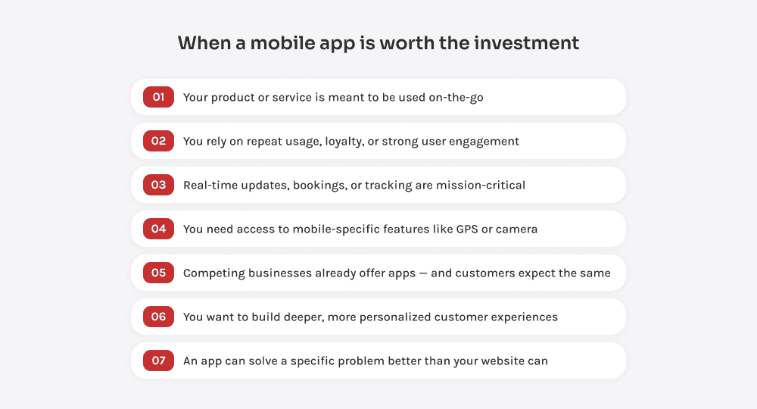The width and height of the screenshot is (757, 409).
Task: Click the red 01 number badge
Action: [158, 97]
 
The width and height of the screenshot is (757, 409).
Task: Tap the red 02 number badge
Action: [158, 141]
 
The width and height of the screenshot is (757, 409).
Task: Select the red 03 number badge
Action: [158, 185]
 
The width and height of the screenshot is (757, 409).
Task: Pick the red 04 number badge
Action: [158, 229]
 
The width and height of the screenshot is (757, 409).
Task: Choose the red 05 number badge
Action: [158, 273]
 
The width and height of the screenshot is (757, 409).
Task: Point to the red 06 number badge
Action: [158, 317]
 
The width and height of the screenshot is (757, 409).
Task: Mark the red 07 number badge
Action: [158, 361]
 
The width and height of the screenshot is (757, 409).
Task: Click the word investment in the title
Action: [526, 43]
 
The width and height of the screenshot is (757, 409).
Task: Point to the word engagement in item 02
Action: [483, 142]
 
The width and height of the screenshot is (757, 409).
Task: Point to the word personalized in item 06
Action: [391, 317]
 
